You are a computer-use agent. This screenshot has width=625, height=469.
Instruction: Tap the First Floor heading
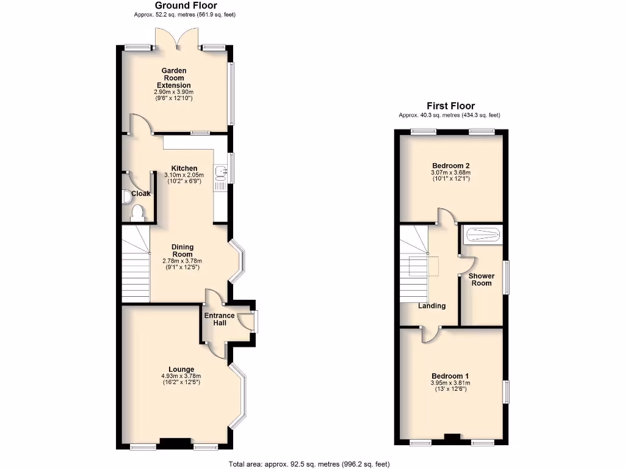click(450, 106)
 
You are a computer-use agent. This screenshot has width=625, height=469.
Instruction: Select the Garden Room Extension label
click(174, 78)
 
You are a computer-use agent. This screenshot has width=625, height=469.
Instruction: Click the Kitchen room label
click(184, 169)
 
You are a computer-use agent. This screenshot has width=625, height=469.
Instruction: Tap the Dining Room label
click(182, 250)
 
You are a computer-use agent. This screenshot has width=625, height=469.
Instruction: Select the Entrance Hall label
click(219, 319)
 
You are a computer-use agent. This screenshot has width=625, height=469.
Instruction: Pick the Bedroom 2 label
click(450, 165)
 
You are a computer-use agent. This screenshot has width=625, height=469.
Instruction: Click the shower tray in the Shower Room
click(482, 234)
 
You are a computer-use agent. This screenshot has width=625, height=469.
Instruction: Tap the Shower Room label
click(481, 280)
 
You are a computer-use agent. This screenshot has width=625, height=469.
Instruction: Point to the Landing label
click(432, 306)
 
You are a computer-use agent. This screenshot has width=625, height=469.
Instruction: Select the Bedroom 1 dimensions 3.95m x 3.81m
click(450, 383)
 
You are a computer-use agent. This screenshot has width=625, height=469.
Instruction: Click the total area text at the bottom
click(309, 464)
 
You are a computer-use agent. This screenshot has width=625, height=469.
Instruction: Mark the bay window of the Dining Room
click(238, 263)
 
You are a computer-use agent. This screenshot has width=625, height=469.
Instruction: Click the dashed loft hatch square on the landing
click(423, 267)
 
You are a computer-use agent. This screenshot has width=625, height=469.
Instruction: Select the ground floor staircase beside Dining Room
click(135, 264)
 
